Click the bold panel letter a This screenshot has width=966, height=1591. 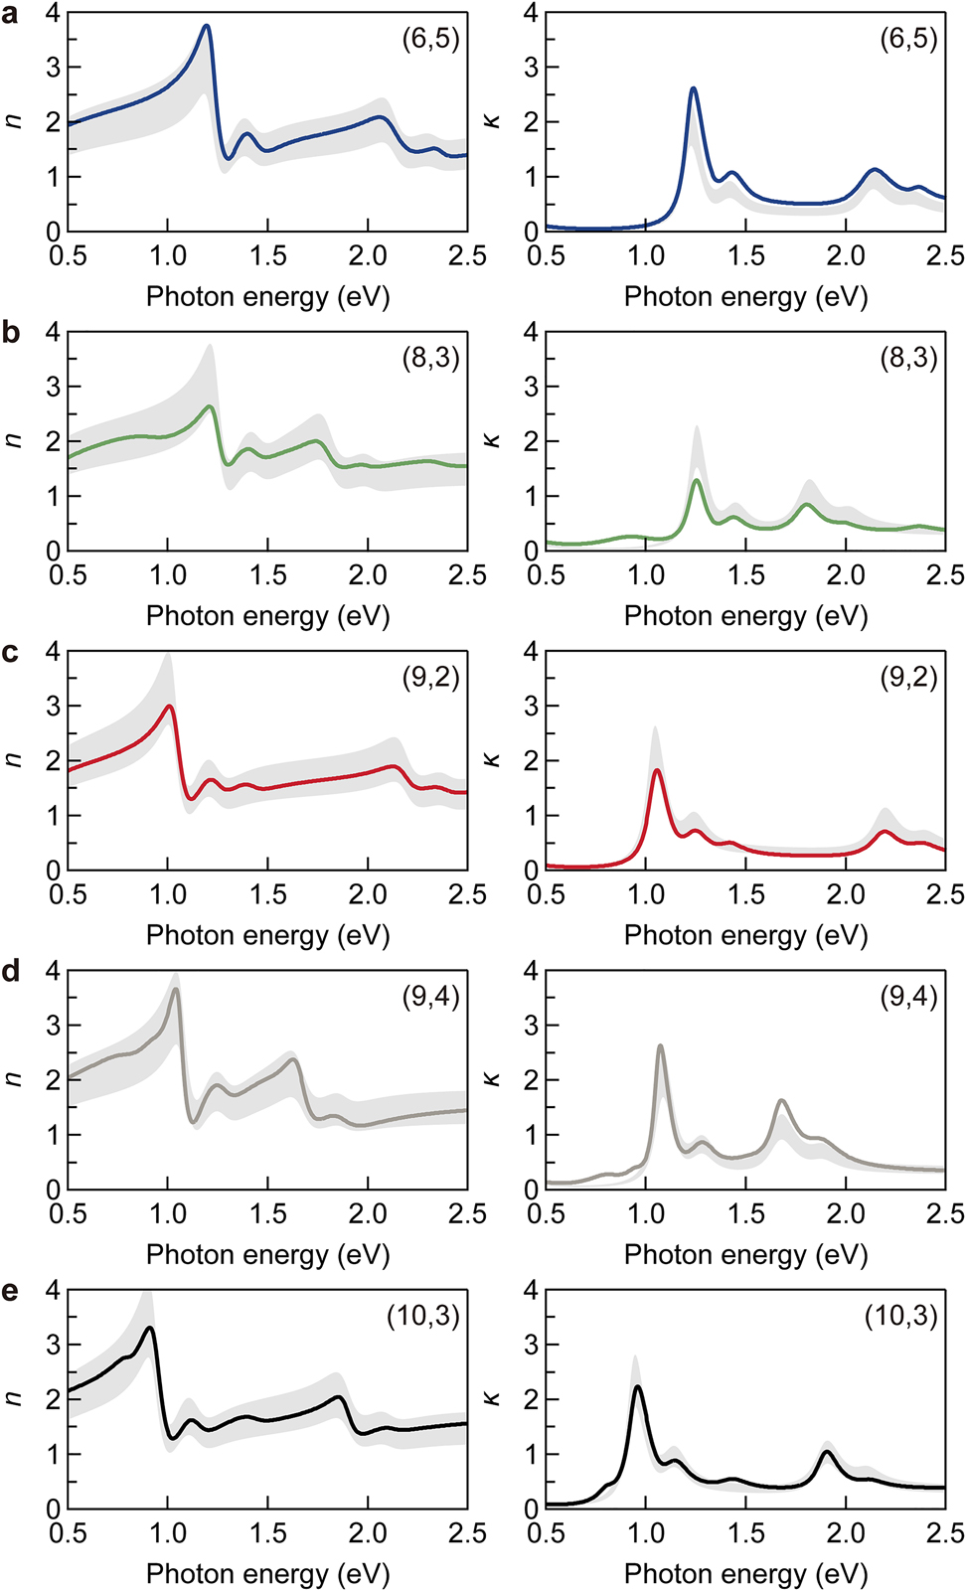(x=11, y=16)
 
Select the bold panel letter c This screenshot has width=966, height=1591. (x=11, y=655)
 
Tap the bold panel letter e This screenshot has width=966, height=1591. (x=11, y=1293)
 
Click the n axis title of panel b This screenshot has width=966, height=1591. (x=13, y=440)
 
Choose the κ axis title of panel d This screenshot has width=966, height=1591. (x=493, y=1079)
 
